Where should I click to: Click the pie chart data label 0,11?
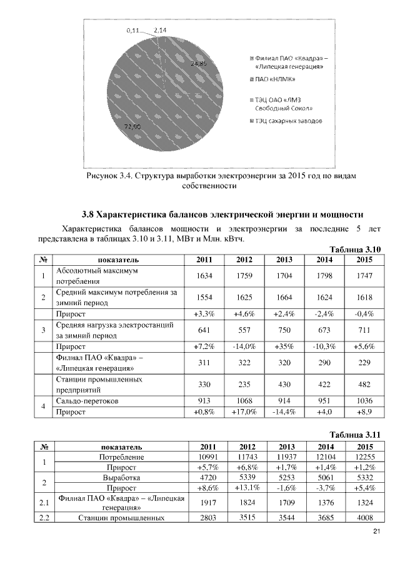132,29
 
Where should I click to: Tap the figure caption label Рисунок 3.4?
111,176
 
